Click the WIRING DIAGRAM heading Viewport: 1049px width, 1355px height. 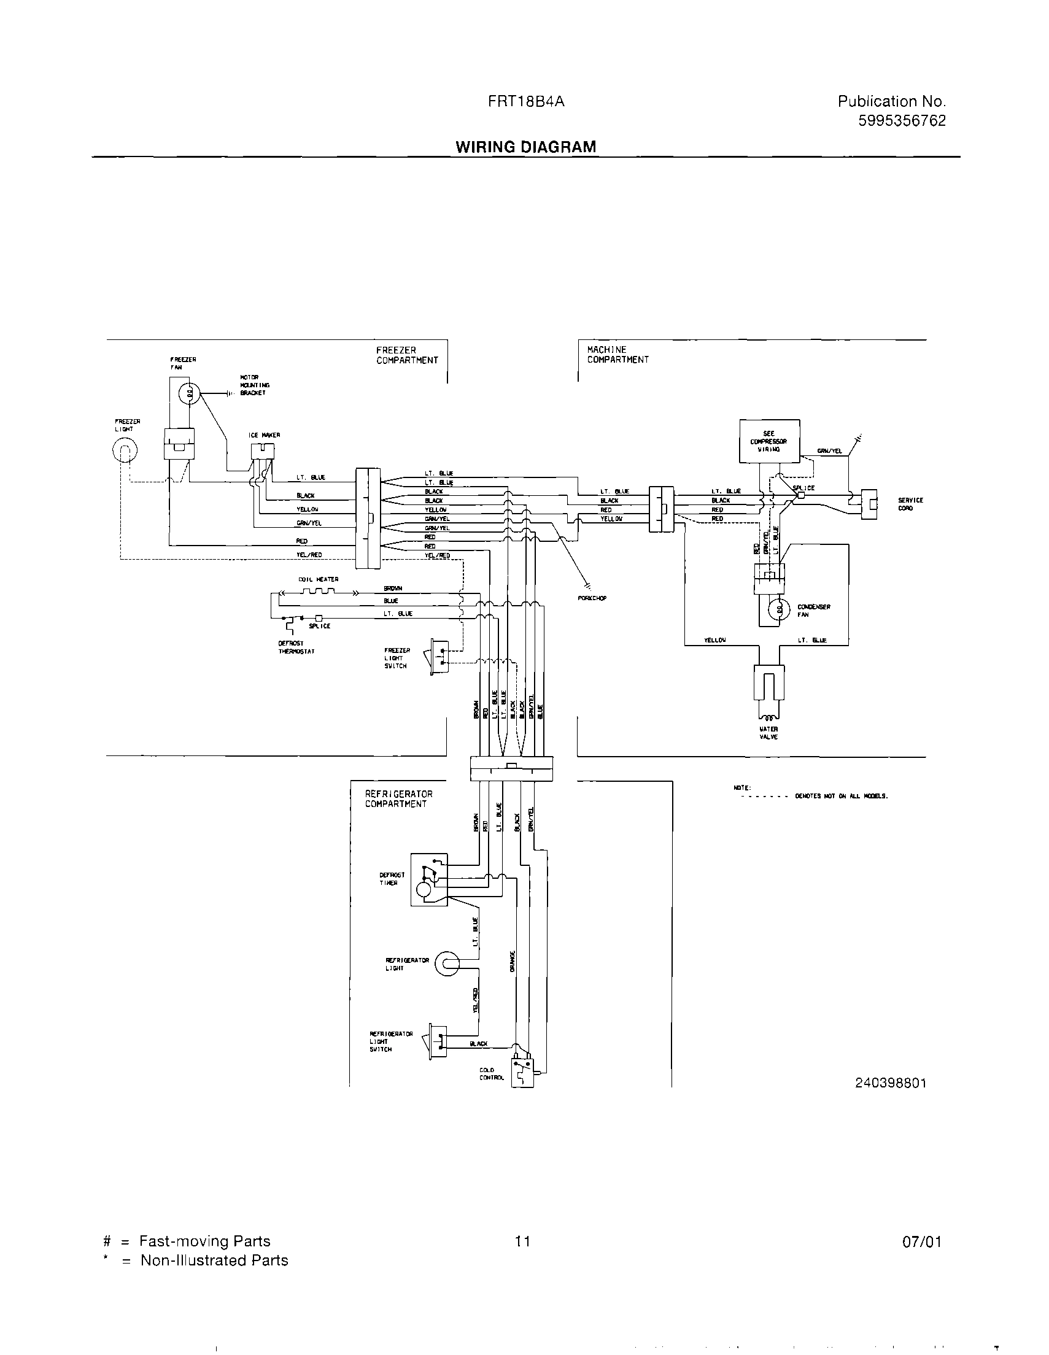[x=526, y=147]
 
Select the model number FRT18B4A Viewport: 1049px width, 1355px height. [x=526, y=102]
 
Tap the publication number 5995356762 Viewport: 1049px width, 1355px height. [x=902, y=121]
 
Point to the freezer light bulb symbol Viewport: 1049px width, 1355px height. [x=125, y=450]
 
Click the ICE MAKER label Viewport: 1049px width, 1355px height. [x=265, y=435]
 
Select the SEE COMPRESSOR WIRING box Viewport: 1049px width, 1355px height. [x=769, y=441]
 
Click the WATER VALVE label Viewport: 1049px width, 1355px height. [x=768, y=733]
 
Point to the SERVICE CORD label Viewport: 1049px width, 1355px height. [x=910, y=504]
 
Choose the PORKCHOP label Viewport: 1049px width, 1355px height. [x=592, y=598]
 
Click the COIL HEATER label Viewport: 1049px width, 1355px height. [x=319, y=579]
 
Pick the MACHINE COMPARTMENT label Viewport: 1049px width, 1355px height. [x=617, y=355]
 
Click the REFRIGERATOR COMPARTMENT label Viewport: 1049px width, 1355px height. [x=398, y=799]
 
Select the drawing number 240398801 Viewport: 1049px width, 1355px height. [x=890, y=1083]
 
